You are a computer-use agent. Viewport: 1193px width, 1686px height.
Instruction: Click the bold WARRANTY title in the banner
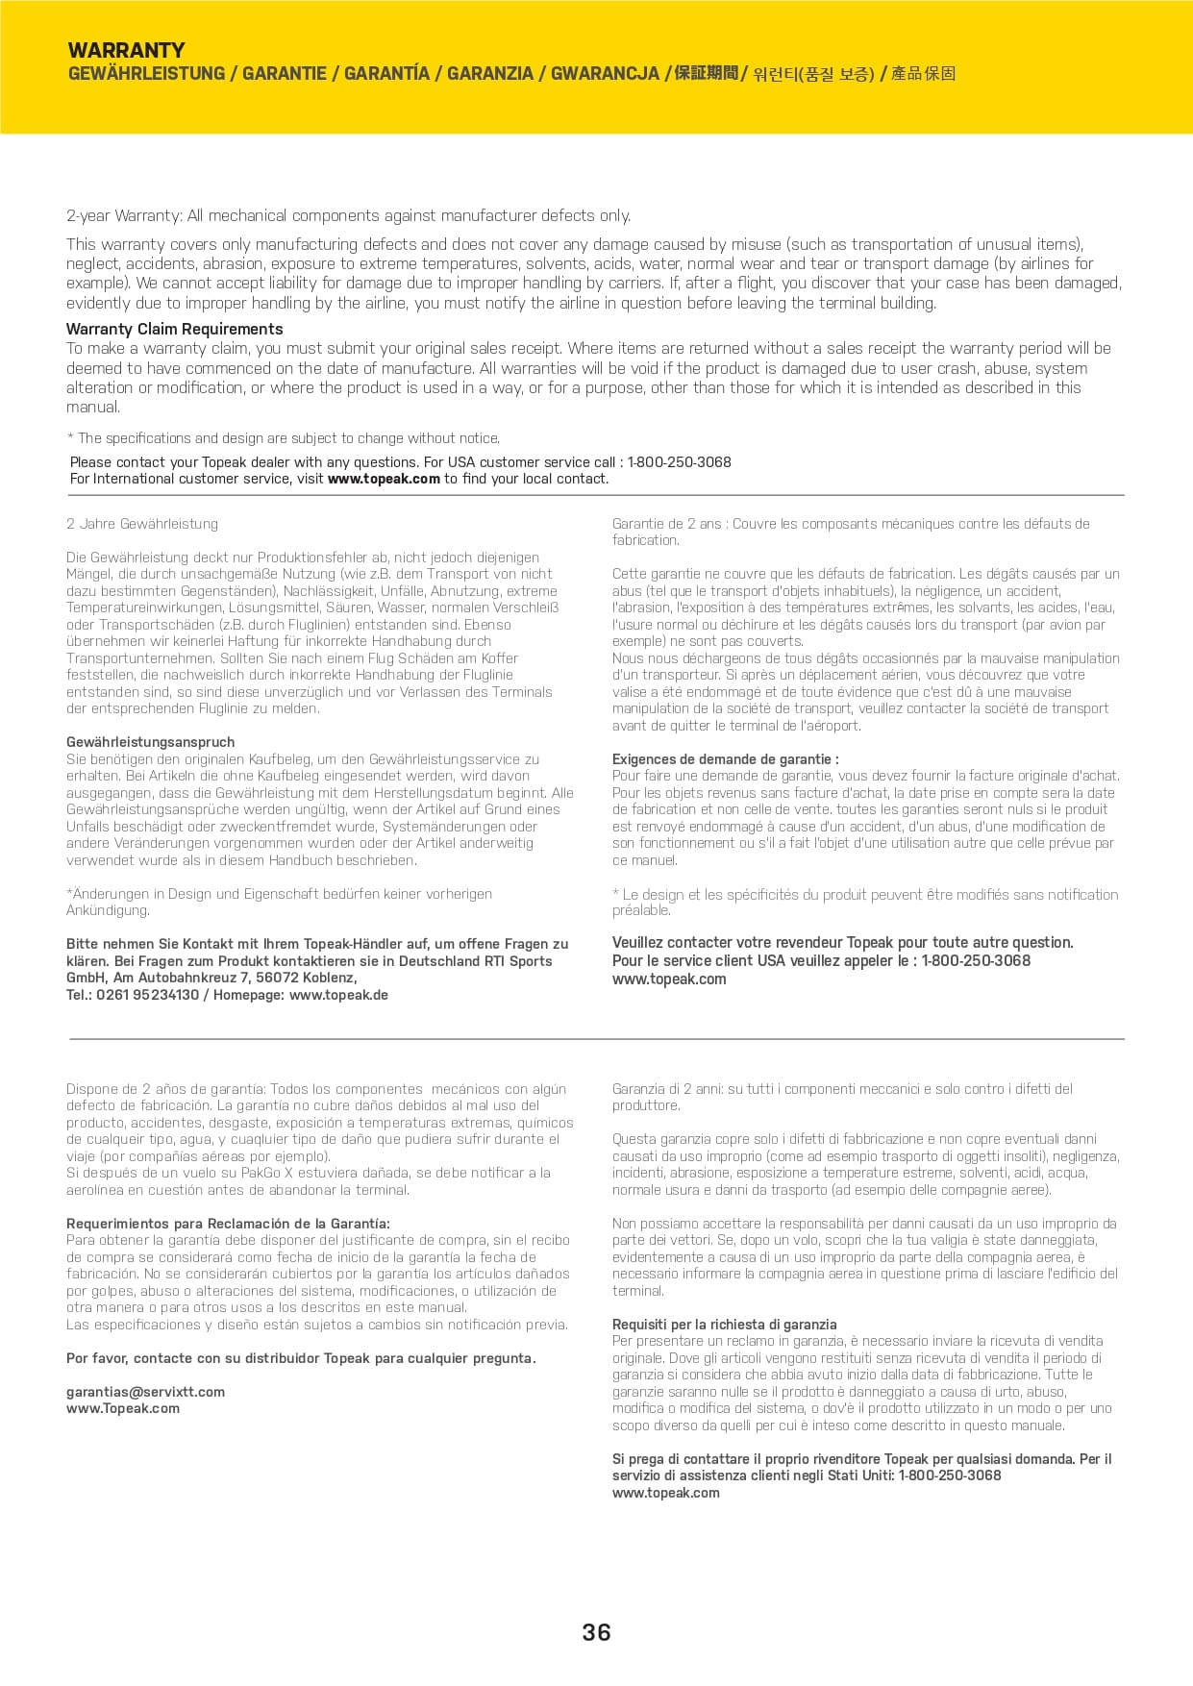pos(126,51)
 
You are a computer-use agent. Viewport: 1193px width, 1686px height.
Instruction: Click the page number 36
pos(596,1632)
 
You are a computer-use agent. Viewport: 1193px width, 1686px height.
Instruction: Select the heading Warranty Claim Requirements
pos(174,329)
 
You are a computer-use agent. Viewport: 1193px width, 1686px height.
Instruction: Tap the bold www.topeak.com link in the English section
pos(384,479)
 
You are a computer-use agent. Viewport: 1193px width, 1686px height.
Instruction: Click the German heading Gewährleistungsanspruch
pos(150,742)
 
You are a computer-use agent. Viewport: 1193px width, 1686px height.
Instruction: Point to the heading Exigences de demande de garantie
pos(725,758)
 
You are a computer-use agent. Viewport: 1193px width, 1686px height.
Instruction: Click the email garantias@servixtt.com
pos(145,1391)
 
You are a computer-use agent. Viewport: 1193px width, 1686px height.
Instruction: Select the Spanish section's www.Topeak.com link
pos(122,1408)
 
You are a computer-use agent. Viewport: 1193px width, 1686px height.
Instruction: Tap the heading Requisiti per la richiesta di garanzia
pos(724,1324)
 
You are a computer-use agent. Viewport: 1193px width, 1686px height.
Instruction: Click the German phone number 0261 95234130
pos(147,995)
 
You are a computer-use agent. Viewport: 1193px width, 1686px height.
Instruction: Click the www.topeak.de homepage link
pos(338,995)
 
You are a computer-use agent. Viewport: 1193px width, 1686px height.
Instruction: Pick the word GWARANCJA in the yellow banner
pos(605,74)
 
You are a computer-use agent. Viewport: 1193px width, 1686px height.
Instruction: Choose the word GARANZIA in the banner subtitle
pos(489,74)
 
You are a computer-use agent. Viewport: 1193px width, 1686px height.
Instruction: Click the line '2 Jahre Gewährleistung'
pos(142,524)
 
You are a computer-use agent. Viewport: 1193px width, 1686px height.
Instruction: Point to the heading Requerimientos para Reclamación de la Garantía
pos(228,1224)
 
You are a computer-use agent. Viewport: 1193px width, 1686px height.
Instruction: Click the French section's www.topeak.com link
pos(669,979)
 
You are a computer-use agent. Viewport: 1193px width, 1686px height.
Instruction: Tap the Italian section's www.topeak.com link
pos(665,1493)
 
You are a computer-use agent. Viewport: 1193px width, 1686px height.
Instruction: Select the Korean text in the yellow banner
pos(813,74)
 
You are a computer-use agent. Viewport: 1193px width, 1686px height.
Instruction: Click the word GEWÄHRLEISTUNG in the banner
pos(146,74)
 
